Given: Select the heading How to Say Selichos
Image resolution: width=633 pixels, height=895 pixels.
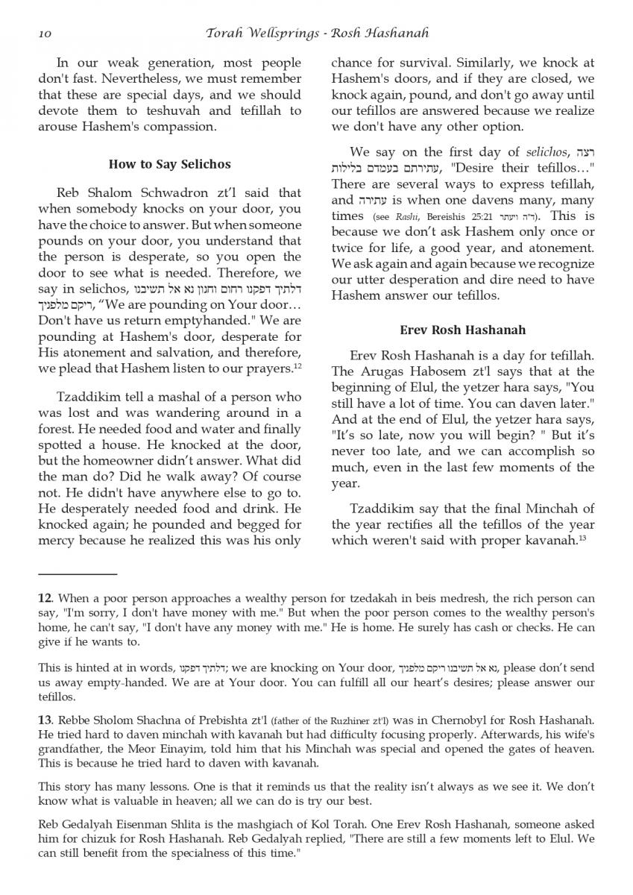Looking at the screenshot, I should [x=169, y=164].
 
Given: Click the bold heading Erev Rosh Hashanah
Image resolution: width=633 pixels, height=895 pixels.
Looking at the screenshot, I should [x=462, y=330].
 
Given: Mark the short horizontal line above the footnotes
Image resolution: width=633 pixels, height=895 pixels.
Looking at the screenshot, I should [x=78, y=574].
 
